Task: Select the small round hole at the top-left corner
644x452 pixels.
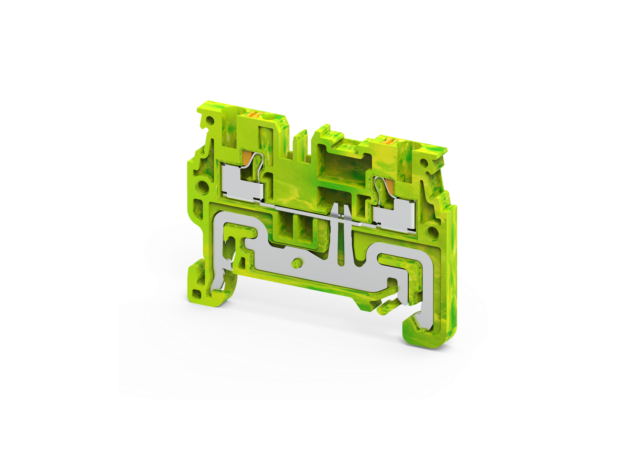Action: pos(210,120)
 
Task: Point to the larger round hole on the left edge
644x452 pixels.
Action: pos(202,186)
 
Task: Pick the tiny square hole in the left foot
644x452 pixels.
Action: pos(199,295)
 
